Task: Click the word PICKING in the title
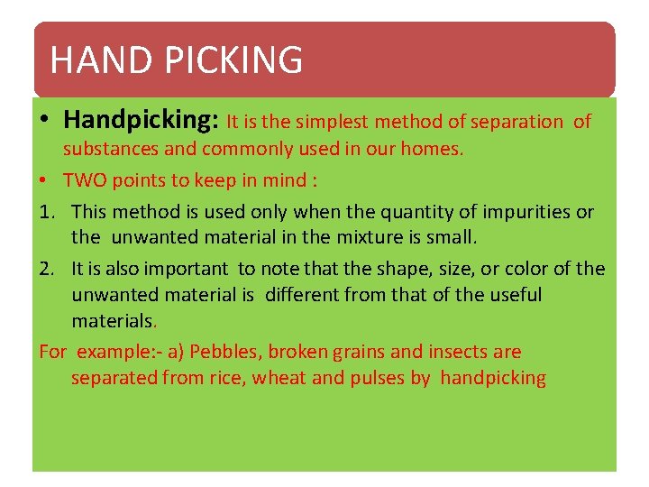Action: (x=233, y=60)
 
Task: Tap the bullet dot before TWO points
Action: (x=45, y=180)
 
